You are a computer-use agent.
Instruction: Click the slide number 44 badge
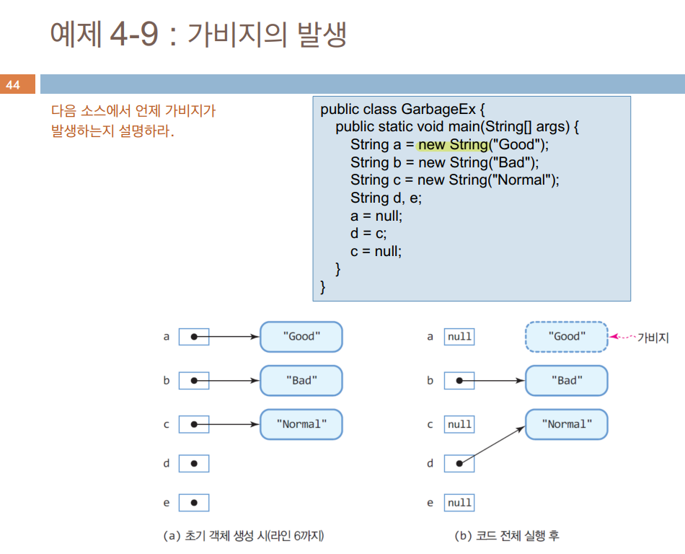pos(14,85)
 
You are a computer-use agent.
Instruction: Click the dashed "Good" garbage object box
pos(566,336)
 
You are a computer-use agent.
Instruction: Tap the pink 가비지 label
pos(653,337)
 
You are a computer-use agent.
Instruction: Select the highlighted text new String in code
pos(452,144)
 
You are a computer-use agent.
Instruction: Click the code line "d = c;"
pos(368,234)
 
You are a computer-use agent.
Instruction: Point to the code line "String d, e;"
pos(386,198)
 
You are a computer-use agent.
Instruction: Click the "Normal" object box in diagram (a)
pos(301,425)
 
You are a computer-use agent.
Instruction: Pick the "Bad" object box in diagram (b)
pos(566,380)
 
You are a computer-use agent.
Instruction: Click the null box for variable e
pos(459,503)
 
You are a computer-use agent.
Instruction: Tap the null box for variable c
pos(459,424)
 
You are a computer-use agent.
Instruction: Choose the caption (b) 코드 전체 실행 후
pos(506,536)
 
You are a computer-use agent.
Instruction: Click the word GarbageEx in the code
pos(438,110)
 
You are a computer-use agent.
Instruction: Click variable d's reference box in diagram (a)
pos(193,463)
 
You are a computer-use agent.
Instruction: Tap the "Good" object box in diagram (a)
pos(301,336)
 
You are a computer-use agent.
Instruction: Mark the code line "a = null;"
pos(376,216)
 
